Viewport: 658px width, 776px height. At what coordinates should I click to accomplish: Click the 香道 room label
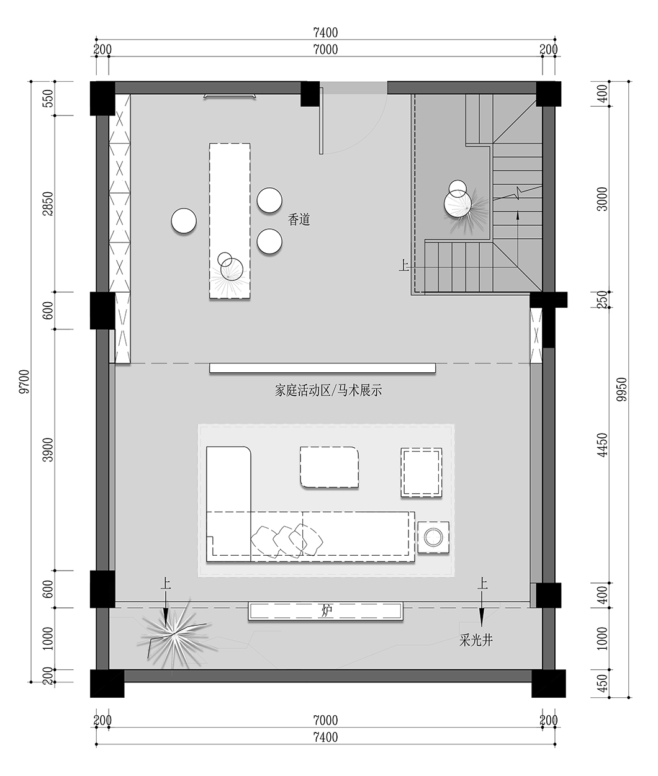point(299,220)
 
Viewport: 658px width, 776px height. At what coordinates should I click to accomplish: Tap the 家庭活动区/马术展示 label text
point(328,391)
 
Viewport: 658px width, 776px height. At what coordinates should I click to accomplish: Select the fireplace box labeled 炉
point(327,611)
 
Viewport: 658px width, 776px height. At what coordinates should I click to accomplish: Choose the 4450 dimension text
point(601,445)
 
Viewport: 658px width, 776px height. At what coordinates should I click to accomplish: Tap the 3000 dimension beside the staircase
point(601,198)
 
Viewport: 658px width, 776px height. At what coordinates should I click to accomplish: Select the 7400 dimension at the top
point(326,33)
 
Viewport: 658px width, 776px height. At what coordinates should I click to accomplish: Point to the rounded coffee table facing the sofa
point(330,466)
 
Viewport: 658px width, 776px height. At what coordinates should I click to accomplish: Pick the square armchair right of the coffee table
point(421,472)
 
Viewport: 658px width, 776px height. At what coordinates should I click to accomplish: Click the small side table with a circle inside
point(433,537)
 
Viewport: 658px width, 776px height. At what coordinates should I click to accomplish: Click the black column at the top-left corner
point(102,98)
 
